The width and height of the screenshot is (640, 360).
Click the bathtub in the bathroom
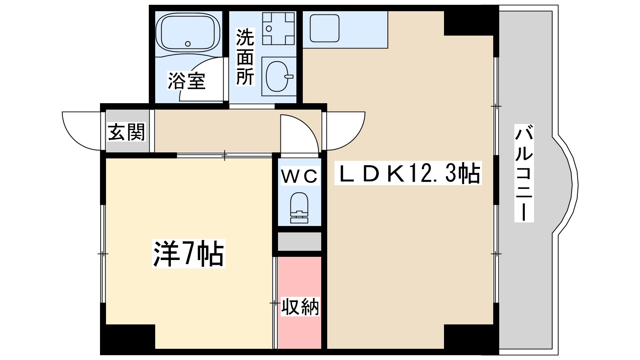(188, 32)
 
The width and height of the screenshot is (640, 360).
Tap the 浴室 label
(186, 81)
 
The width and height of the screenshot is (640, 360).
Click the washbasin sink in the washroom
(278, 76)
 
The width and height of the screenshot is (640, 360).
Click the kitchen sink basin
(324, 28)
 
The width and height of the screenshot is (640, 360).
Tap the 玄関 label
(126, 132)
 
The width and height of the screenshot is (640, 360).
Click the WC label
(300, 176)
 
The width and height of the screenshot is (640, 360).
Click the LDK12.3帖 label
(408, 174)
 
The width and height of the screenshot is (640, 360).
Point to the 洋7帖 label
(188, 254)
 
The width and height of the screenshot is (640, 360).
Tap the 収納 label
(300, 307)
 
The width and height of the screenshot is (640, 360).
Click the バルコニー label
(524, 173)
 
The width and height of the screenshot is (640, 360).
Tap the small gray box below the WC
(300, 241)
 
